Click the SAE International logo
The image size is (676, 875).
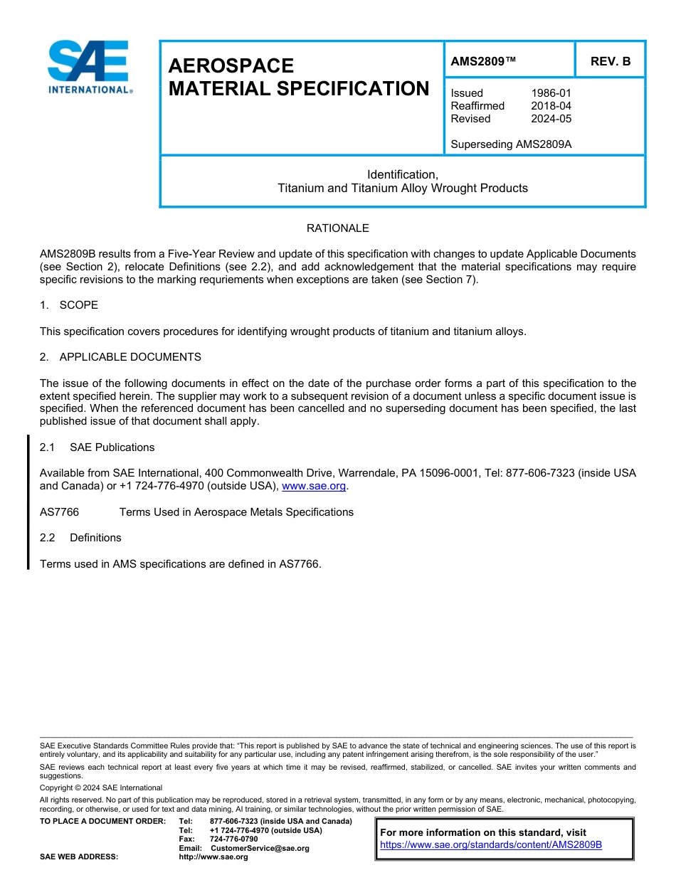90,67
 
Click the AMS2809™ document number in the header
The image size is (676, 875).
483,61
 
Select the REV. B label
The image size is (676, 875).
611,61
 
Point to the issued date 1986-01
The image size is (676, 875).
551,93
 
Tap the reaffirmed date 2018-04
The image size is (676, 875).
551,106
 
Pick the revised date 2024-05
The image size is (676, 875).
551,119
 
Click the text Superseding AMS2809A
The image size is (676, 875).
511,144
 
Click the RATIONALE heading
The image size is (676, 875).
337,228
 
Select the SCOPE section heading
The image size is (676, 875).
78,305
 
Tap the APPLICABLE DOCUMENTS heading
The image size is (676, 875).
130,357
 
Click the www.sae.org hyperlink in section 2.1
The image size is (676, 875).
314,487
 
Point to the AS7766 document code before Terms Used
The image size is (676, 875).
59,512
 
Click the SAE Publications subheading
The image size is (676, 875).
112,447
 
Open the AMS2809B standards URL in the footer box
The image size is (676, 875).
491,845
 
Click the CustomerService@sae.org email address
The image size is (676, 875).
260,848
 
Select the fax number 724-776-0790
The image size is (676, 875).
233,839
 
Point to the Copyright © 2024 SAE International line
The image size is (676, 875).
101,787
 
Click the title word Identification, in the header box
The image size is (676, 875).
402,174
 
